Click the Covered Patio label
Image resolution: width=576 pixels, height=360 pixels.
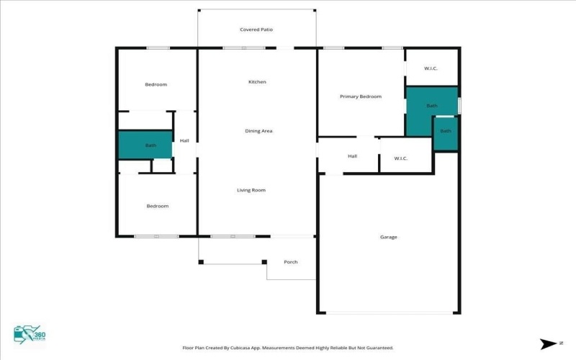click(x=256, y=30)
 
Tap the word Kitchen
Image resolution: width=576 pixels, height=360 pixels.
click(x=257, y=82)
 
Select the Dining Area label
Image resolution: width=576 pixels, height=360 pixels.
click(x=258, y=131)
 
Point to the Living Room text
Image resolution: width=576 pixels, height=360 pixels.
click(x=252, y=190)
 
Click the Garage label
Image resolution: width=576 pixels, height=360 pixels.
click(x=389, y=237)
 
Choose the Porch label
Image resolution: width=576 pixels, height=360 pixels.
click(x=291, y=262)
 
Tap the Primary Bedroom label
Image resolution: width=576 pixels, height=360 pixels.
click(x=361, y=96)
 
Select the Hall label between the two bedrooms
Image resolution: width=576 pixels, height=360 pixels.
click(x=184, y=140)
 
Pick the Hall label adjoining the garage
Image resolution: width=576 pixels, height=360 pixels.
click(x=352, y=156)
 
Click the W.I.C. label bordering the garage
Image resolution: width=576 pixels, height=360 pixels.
click(x=401, y=158)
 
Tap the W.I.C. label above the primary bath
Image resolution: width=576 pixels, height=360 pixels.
click(x=431, y=68)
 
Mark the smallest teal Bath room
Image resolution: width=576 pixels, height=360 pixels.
click(x=446, y=132)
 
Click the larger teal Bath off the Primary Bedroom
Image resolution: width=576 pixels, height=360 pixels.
click(x=431, y=107)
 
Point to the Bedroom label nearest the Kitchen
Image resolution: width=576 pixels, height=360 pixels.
click(x=156, y=85)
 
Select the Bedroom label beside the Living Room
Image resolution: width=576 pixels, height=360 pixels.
click(x=158, y=206)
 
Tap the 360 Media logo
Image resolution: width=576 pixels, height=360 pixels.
click(x=29, y=334)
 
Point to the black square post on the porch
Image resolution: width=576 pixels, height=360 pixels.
click(x=264, y=261)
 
